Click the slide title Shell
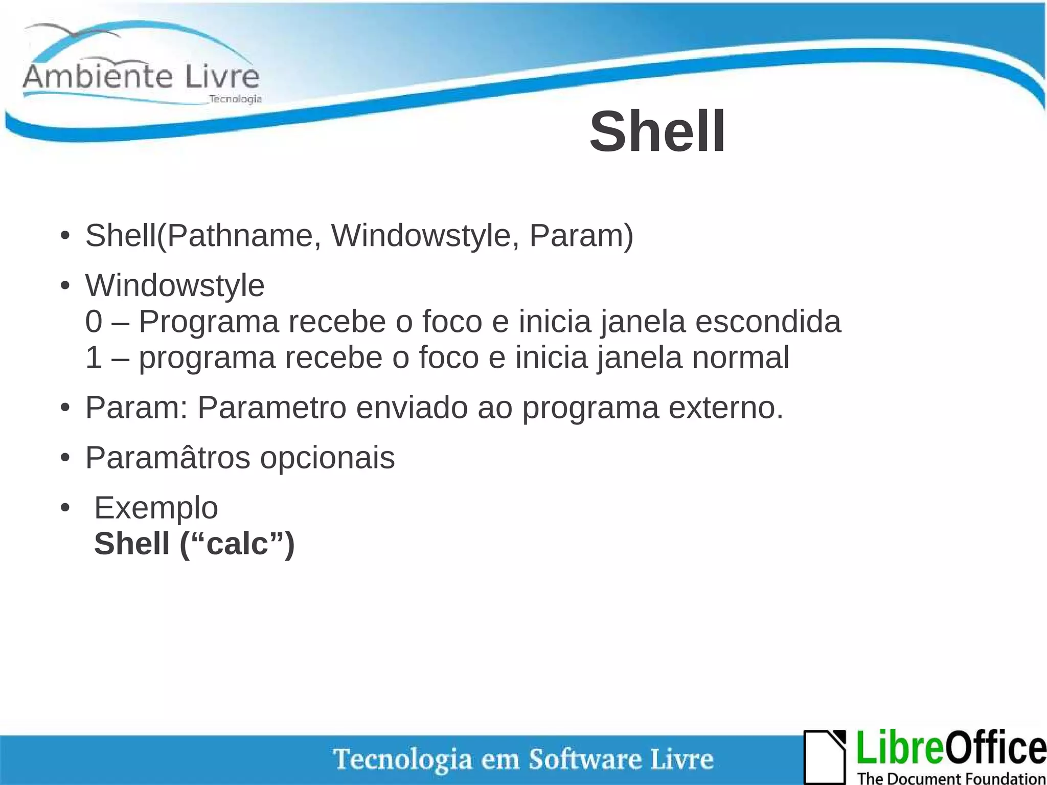click(x=657, y=132)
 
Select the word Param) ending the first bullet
click(x=581, y=236)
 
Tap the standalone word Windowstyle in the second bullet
click(x=175, y=285)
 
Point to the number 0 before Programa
click(x=94, y=322)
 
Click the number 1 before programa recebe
click(x=94, y=357)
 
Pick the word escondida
click(x=768, y=322)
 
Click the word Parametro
click(x=272, y=408)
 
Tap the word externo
click(x=725, y=408)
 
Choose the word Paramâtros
click(x=168, y=457)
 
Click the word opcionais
click(x=327, y=457)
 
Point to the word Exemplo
click(x=156, y=507)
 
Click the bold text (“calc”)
click(x=237, y=543)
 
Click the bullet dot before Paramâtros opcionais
click(x=64, y=458)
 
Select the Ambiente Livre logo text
click(x=141, y=77)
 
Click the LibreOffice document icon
click(x=824, y=757)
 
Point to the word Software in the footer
click(x=584, y=759)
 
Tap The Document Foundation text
click(x=951, y=778)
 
